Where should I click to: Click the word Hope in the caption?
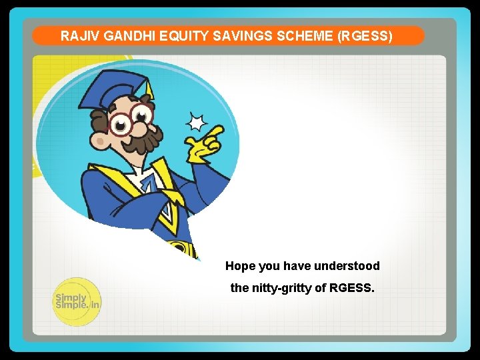point(240,266)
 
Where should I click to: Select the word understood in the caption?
point(347,266)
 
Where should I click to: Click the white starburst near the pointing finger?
point(196,122)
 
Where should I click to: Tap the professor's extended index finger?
point(215,131)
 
